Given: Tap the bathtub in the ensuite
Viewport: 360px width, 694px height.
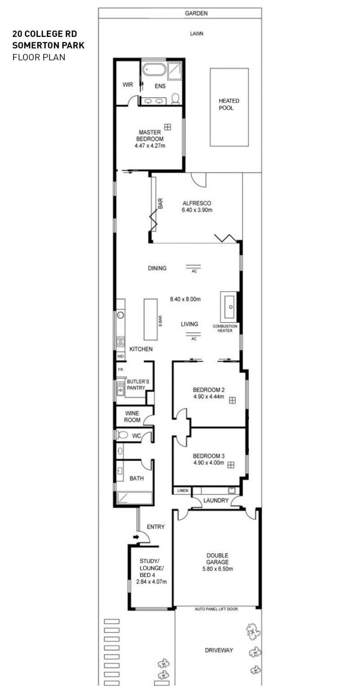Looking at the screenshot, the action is click(154, 69).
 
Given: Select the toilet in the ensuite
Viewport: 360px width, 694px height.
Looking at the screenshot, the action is click(175, 98).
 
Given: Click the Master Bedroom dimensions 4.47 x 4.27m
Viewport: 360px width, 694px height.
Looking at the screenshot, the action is click(150, 146).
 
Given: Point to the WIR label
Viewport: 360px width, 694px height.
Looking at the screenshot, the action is click(128, 85).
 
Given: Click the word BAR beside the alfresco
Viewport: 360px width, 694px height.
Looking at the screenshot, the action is click(160, 203).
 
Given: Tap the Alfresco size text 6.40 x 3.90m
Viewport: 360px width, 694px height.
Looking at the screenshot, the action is click(197, 210).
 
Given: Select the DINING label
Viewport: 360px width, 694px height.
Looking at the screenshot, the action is click(157, 268).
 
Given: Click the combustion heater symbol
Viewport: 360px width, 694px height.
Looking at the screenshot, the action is click(229, 307).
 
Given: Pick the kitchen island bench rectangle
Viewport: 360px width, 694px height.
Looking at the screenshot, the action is click(151, 320).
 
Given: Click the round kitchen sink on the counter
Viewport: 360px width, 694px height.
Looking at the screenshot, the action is click(121, 315).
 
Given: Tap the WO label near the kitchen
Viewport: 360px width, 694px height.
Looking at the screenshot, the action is click(121, 356).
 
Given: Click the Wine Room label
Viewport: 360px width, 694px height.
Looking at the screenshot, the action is click(132, 417).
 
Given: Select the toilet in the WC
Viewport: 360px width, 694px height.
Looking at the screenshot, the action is click(122, 435).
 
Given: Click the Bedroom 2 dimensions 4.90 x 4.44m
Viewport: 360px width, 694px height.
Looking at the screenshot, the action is click(208, 396).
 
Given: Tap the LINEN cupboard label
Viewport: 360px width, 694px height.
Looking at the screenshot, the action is click(183, 491).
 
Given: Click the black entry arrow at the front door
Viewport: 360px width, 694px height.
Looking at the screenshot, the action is click(136, 537).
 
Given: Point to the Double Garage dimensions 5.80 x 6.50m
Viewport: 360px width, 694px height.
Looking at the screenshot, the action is click(217, 569).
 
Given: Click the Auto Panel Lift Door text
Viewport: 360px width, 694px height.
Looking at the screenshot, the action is click(216, 609).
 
